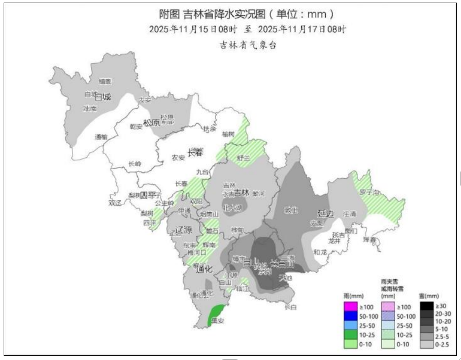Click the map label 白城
coord(103,97)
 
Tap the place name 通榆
coord(101,137)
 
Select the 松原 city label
coord(151,123)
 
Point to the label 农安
coord(178,157)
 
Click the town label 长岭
coord(135,164)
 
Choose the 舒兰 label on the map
coord(244,157)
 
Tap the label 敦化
coord(291,210)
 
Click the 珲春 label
coord(369,239)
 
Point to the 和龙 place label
coord(320,252)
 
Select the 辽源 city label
coord(184,230)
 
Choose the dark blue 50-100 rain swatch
coord(350,316)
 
